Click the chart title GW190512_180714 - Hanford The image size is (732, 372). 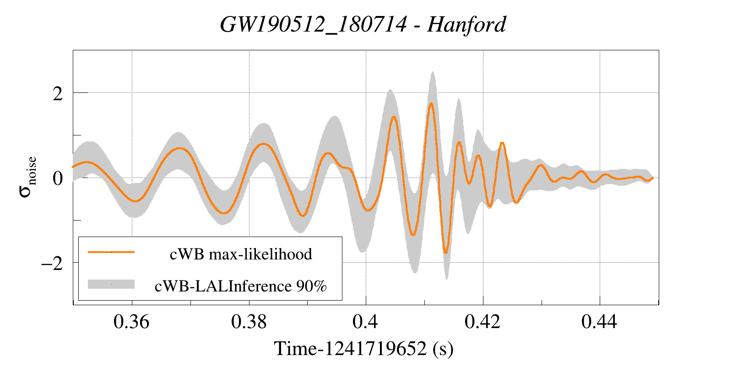[x=363, y=24]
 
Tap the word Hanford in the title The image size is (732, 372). [x=466, y=24]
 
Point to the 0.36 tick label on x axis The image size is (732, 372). [x=131, y=322]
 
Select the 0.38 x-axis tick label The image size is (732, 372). [x=249, y=322]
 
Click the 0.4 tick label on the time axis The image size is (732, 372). [x=365, y=322]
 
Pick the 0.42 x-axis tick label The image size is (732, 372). [x=483, y=322]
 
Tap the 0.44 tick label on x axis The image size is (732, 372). [x=599, y=322]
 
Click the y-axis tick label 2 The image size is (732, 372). [x=58, y=94]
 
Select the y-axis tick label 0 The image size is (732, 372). [x=58, y=178]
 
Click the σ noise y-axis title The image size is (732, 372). [x=27, y=177]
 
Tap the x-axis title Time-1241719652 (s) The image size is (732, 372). [x=363, y=349]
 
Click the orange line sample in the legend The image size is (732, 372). [x=111, y=252]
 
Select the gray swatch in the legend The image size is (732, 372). [x=111, y=284]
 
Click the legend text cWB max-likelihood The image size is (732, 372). [x=241, y=254]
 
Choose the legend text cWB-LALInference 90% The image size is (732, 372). [x=241, y=286]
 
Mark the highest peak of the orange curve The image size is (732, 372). [x=431, y=103]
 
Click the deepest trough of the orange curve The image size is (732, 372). [x=446, y=253]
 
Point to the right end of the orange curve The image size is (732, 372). [x=653, y=178]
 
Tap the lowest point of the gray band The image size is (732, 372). [x=446, y=279]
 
